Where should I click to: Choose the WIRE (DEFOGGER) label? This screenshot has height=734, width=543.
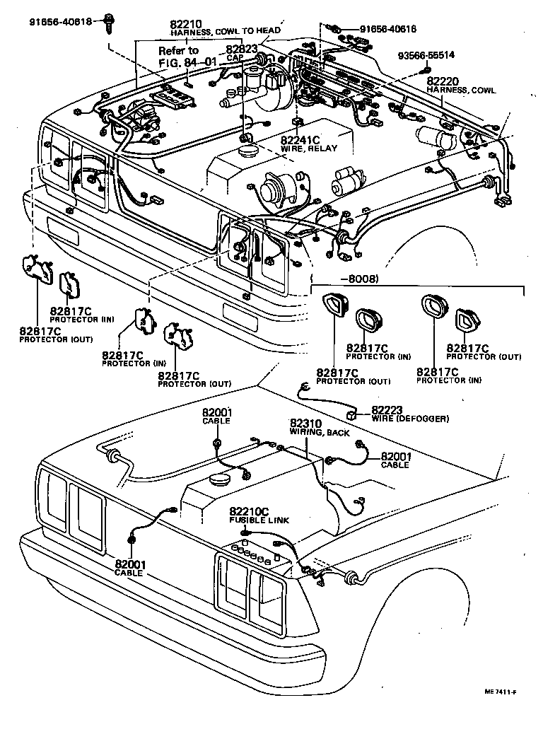409,419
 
